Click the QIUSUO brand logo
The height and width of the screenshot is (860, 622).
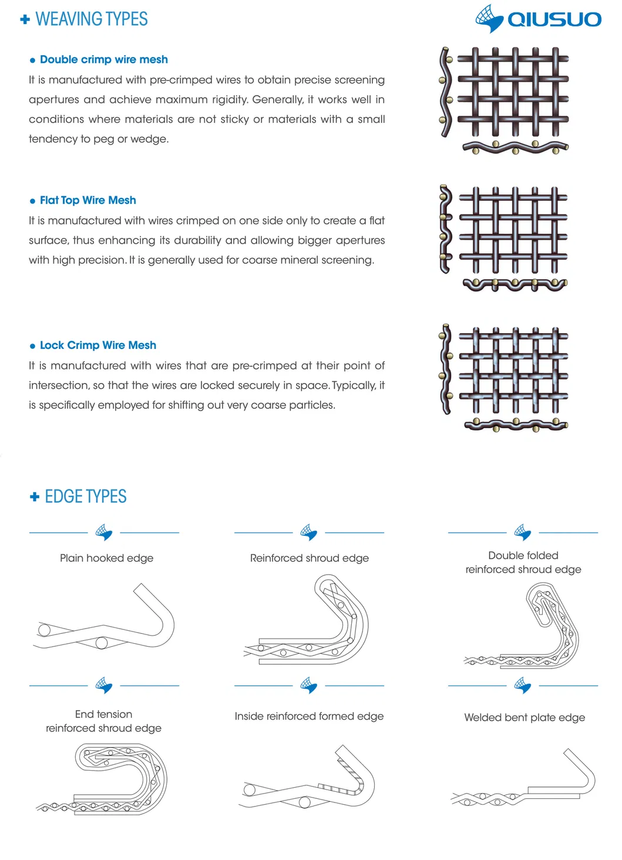tap(538, 19)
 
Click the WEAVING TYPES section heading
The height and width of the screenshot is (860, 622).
tap(91, 19)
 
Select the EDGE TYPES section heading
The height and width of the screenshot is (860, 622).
tap(85, 497)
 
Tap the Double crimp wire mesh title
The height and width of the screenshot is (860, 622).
tap(103, 60)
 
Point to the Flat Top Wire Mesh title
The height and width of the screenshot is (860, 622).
tap(88, 200)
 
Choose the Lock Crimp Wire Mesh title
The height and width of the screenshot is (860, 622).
tap(97, 345)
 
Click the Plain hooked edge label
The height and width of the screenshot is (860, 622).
tap(106, 558)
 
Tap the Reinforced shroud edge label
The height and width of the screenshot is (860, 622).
tap(309, 558)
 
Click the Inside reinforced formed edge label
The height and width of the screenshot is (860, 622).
tap(309, 716)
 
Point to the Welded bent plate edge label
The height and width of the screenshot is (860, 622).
tap(524, 717)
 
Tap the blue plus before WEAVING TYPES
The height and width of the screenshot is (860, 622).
tap(25, 20)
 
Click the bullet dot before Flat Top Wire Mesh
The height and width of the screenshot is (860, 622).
tap(32, 201)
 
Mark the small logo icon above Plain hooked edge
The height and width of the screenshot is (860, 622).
tap(104, 532)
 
